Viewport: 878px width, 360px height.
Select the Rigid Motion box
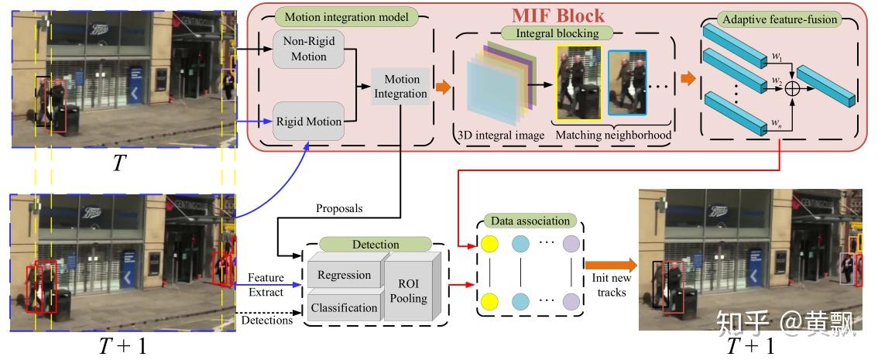click(310, 122)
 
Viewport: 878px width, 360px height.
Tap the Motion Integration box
click(401, 87)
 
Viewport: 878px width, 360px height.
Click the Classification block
click(344, 307)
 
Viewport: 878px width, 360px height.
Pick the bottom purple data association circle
click(571, 300)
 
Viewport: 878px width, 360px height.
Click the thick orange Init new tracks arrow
click(611, 266)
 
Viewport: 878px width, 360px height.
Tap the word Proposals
click(338, 209)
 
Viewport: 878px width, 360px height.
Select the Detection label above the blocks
click(376, 245)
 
